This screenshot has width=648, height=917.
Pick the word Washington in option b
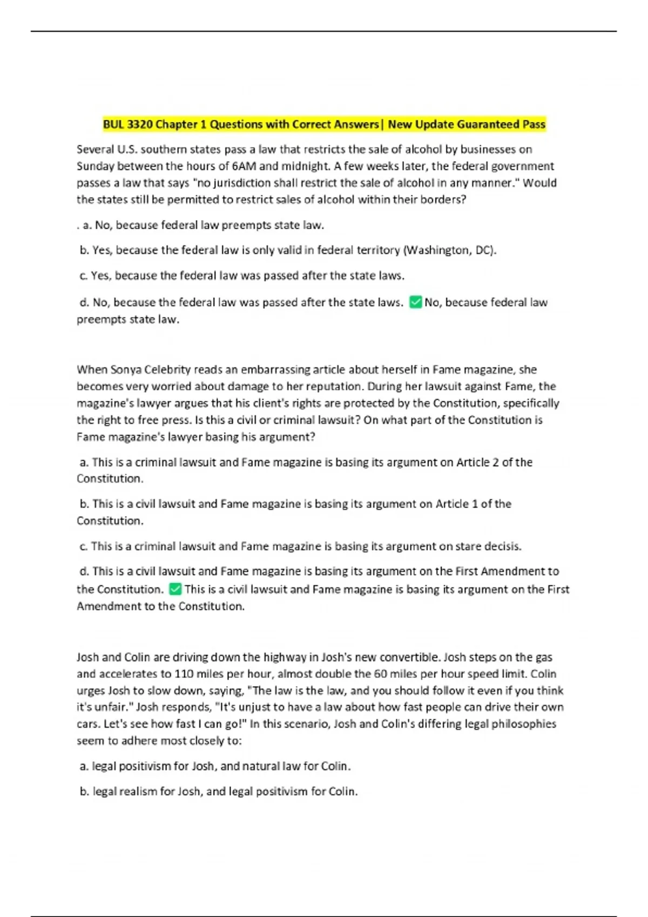pos(437,250)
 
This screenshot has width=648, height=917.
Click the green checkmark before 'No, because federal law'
pos(415,302)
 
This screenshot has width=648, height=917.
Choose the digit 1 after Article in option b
pos(475,504)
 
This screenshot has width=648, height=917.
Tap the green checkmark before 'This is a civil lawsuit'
pos(175,589)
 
